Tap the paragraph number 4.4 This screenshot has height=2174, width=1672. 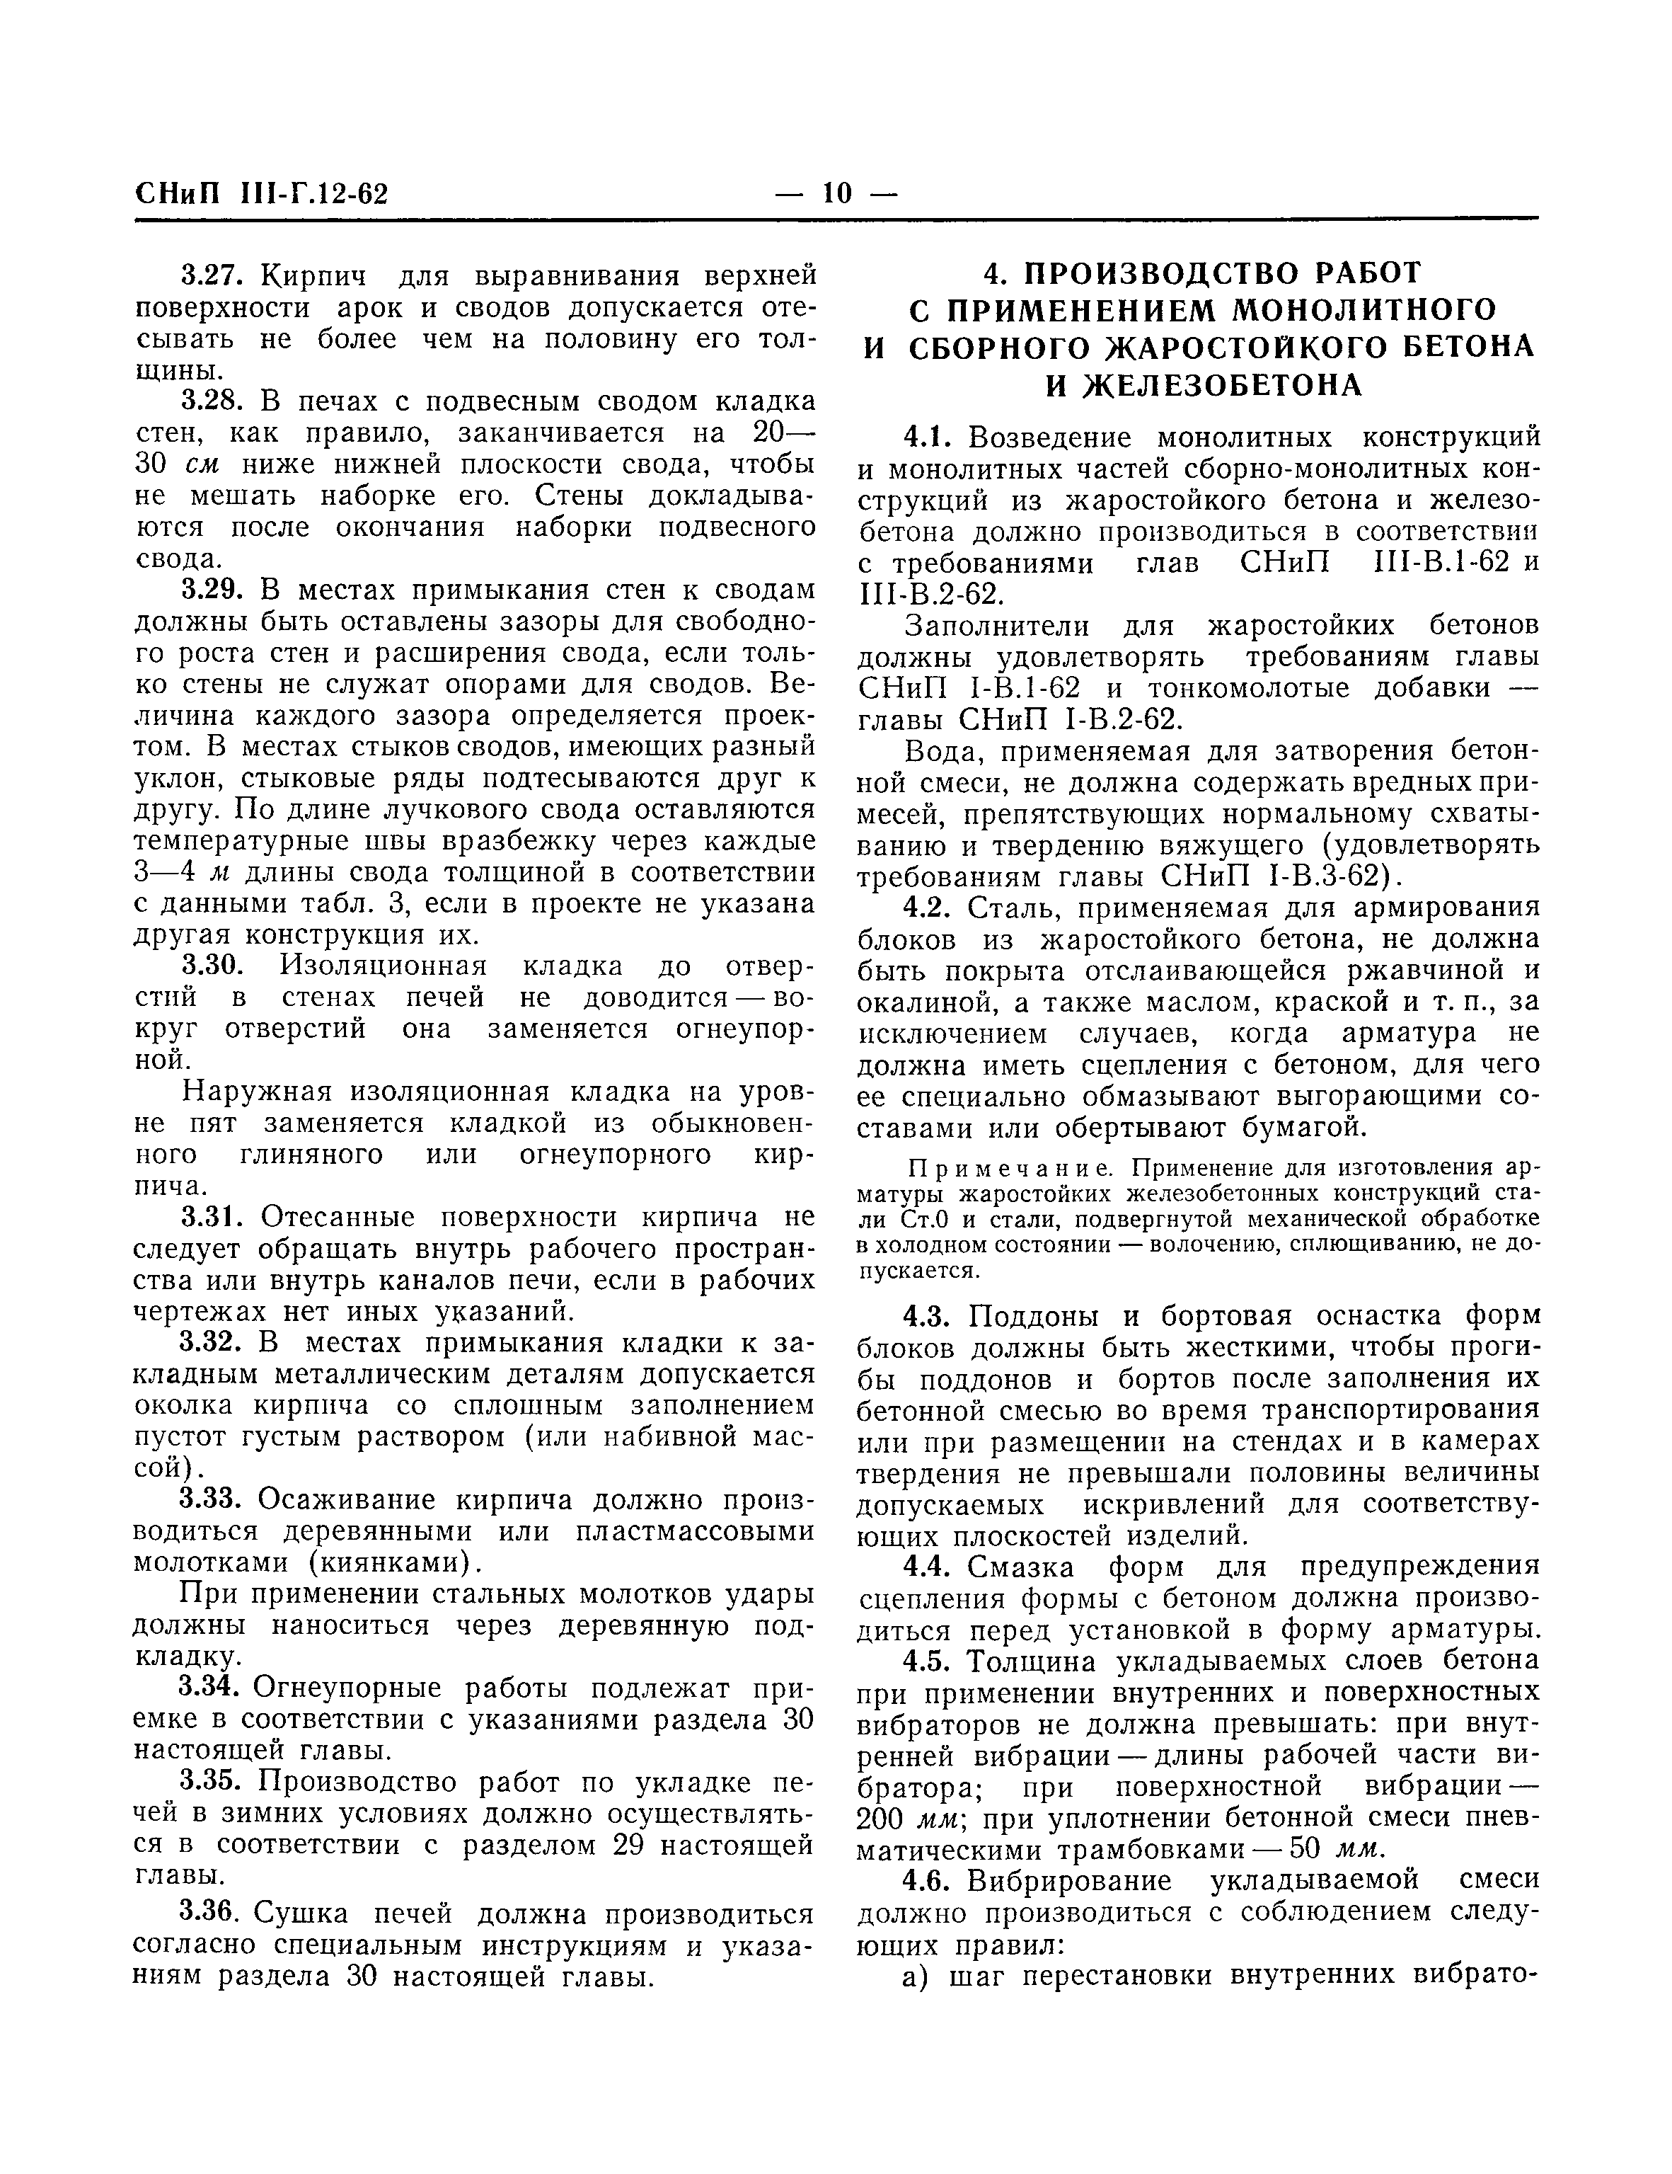click(930, 1567)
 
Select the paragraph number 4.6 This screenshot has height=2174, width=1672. click(930, 1880)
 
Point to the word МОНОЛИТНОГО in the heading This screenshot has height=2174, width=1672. click(1364, 311)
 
